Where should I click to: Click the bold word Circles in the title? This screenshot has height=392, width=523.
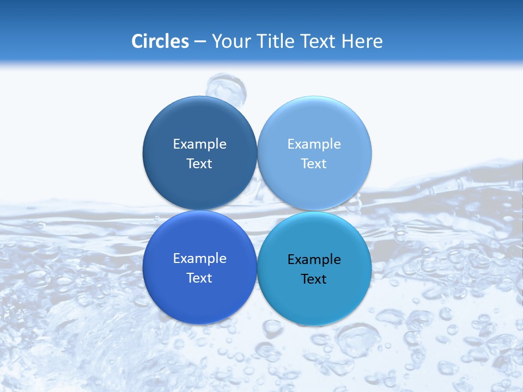coord(160,41)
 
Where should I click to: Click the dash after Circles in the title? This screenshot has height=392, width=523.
coord(200,42)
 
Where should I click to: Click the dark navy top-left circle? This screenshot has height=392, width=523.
coord(199,120)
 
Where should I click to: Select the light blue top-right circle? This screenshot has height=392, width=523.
coord(314,120)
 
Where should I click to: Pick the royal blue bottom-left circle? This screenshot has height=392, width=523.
coord(199,299)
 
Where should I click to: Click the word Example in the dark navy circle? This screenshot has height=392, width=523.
coord(199,144)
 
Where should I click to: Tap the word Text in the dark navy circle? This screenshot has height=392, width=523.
coord(199,163)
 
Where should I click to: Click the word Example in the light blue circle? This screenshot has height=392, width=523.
coord(314,144)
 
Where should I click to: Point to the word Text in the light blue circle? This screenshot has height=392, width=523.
coord(314,163)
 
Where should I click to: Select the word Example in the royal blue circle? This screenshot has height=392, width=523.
coord(199,258)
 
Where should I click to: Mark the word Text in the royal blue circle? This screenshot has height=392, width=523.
coord(199,278)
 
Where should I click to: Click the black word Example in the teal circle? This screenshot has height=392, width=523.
coord(314,259)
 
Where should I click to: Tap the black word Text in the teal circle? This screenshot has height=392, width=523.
coord(314,279)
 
